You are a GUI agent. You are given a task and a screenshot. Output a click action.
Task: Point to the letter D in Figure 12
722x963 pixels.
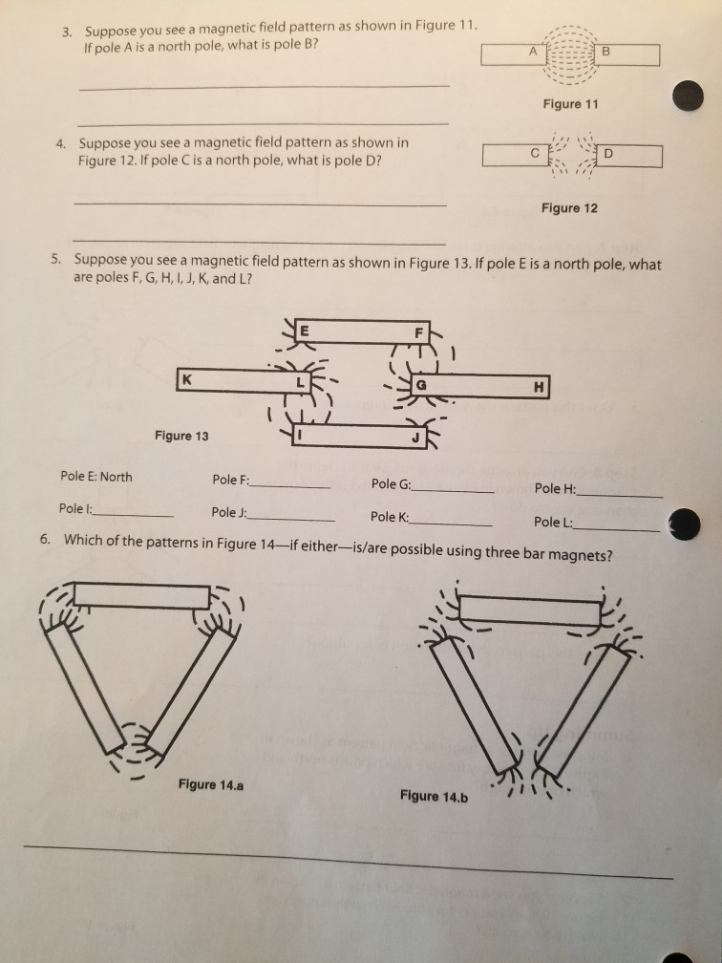click(x=609, y=153)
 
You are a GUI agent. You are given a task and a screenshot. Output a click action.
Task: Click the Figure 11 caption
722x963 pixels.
click(x=571, y=104)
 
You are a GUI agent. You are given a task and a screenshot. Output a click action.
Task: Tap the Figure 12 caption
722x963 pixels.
click(x=569, y=208)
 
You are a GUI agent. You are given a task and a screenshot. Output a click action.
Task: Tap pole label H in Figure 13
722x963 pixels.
click(x=540, y=386)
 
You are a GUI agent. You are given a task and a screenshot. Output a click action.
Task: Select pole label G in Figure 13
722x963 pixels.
click(x=420, y=385)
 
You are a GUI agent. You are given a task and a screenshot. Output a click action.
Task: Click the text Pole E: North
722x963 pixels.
click(x=96, y=477)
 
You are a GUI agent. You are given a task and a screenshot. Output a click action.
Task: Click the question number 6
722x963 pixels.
click(x=45, y=539)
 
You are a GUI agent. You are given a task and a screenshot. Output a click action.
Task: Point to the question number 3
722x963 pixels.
click(x=68, y=32)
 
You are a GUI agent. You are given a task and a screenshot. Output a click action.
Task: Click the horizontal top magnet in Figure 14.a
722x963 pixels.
click(x=141, y=596)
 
